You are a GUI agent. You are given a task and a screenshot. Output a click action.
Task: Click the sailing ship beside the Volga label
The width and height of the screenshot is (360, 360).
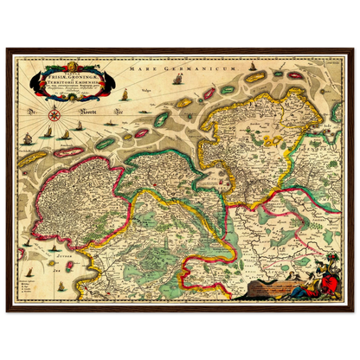pos(177,80)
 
